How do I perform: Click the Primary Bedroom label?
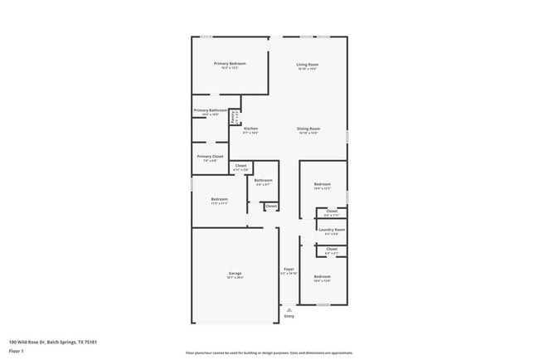230,64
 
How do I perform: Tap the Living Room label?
308,65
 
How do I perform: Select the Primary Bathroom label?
211,110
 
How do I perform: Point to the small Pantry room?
235,117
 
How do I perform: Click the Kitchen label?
250,129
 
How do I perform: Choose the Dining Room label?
308,129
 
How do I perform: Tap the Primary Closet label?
210,156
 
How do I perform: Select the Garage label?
236,274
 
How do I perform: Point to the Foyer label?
289,270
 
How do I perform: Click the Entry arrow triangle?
289,309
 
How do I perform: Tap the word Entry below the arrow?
289,317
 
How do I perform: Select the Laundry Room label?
331,230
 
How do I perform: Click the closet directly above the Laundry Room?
332,212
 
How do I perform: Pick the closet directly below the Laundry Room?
332,249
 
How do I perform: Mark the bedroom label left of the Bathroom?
219,199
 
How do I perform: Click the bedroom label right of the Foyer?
322,277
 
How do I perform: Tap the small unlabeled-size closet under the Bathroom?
271,206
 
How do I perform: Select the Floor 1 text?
17,351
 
